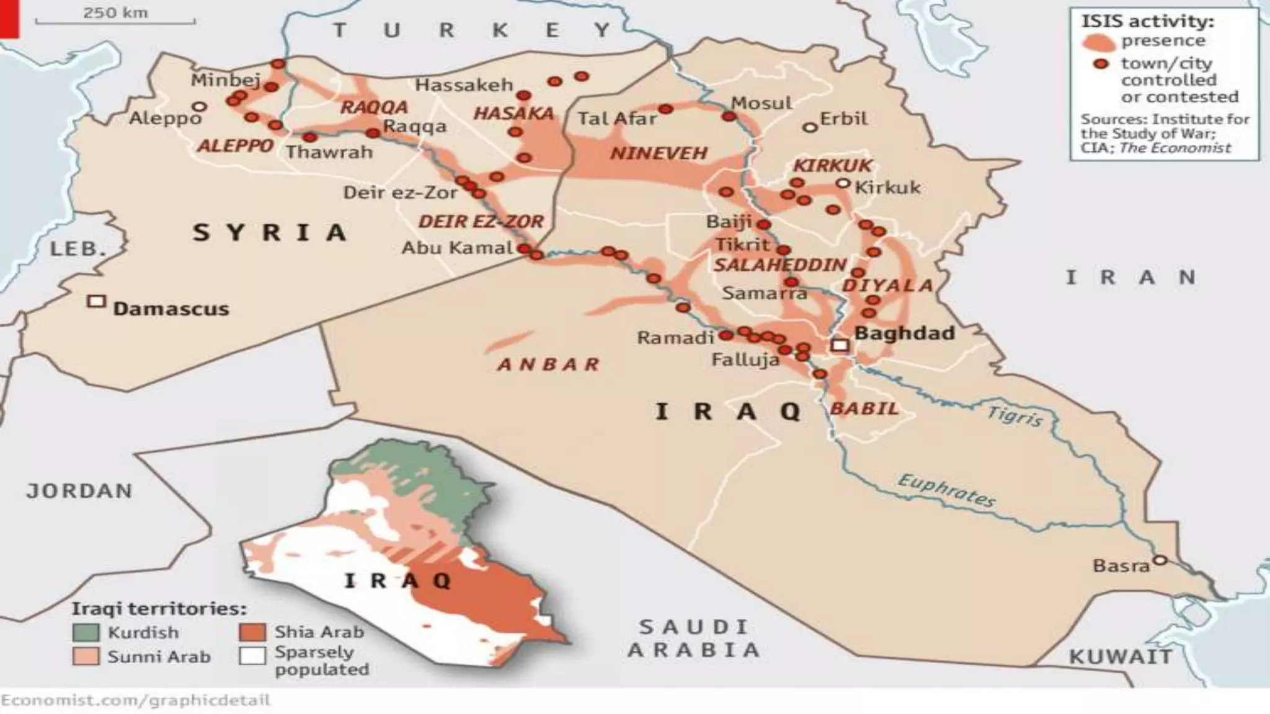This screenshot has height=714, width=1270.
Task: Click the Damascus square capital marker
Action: click(x=96, y=301)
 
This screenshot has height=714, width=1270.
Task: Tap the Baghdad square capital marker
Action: click(x=840, y=345)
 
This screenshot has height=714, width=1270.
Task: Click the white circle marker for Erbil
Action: click(x=809, y=127)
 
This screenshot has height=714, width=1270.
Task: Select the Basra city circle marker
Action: click(x=1159, y=560)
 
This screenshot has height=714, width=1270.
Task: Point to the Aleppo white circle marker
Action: click(x=199, y=107)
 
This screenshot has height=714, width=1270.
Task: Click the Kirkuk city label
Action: click(x=887, y=187)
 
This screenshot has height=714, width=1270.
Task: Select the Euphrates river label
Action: click(x=946, y=491)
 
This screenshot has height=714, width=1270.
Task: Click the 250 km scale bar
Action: click(x=115, y=22)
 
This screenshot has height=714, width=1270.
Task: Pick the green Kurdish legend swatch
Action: click(x=86, y=632)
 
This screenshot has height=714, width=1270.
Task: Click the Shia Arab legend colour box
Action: click(x=252, y=632)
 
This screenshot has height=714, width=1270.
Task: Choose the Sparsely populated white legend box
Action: click(x=252, y=656)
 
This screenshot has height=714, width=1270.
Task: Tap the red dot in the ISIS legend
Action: click(x=1101, y=64)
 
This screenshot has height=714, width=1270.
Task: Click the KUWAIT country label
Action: click(x=1121, y=656)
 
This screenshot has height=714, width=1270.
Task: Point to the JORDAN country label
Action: click(x=79, y=491)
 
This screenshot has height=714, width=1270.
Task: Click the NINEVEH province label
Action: click(x=659, y=153)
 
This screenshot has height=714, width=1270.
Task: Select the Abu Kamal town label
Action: click(x=458, y=248)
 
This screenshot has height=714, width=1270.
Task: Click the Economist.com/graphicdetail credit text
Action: click(x=135, y=700)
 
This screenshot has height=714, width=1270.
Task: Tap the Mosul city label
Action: click(x=762, y=103)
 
